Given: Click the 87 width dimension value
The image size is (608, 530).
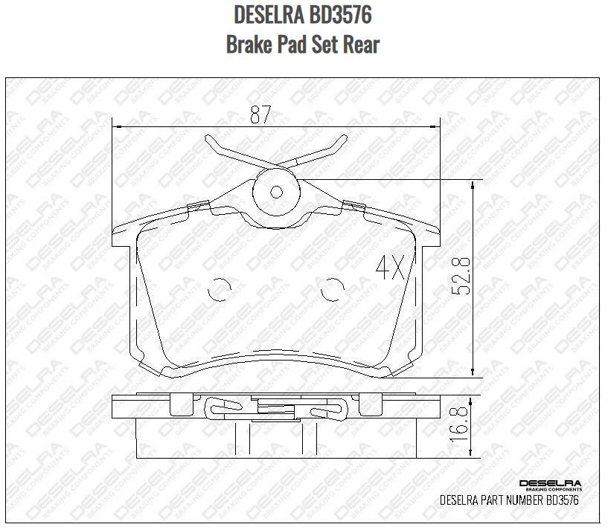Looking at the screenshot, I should tap(260, 114).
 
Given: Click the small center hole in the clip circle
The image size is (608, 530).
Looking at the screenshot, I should tap(276, 191).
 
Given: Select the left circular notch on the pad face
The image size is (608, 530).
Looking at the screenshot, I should tap(217, 290).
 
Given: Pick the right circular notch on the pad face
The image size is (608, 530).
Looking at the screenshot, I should tap(333, 290).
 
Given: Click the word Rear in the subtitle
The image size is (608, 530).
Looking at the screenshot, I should tap(362, 45).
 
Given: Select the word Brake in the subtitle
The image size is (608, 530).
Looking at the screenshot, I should tap(249, 45).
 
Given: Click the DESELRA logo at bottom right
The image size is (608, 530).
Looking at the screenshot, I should tap(550, 485).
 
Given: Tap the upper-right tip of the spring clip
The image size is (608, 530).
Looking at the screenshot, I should tap(343, 139).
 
